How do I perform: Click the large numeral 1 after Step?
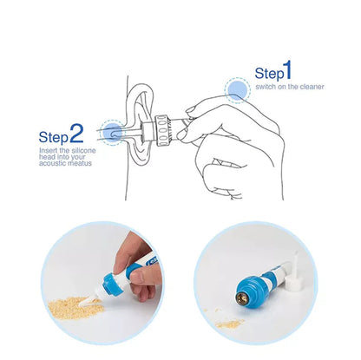point(286,69)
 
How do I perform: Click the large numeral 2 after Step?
point(76,133)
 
